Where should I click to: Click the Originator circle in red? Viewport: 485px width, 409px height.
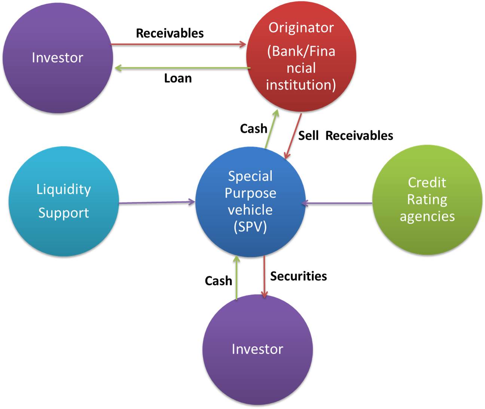coord(301,56)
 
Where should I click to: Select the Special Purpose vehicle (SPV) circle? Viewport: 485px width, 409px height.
coord(250,202)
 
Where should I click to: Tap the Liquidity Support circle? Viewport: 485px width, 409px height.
coord(64,201)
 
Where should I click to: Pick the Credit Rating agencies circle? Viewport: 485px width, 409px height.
coord(427,200)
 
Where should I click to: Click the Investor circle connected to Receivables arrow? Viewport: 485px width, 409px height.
coord(58,57)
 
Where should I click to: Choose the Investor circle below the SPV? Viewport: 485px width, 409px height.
coord(257,349)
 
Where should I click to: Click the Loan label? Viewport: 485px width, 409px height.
coord(178,78)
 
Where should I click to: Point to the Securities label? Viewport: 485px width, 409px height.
coord(298,276)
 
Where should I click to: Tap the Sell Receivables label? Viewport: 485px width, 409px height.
coord(345,136)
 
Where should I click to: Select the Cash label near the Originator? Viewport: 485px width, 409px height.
coord(253,129)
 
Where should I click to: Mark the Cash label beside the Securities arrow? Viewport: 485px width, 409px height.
coord(218,281)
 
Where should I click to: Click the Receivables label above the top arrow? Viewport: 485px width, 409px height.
coord(170,33)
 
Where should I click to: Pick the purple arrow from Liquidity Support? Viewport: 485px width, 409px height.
coord(157,203)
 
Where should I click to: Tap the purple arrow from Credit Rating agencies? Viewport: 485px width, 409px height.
coord(337,203)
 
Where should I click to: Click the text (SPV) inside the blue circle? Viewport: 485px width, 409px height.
coord(250,227)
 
